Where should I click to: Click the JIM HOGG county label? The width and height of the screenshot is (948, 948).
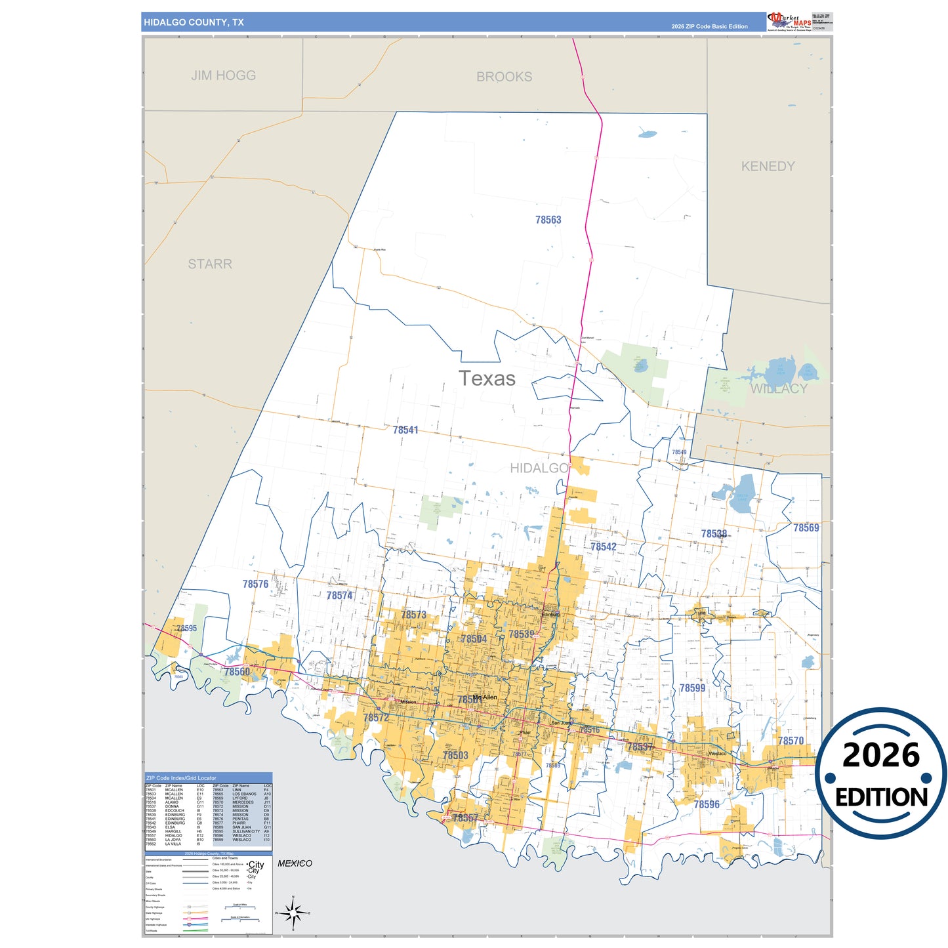223,75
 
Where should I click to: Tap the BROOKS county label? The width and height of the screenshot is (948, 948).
504,77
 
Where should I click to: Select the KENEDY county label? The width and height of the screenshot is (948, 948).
768,167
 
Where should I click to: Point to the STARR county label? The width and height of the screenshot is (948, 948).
210,264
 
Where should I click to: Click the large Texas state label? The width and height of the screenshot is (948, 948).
487,379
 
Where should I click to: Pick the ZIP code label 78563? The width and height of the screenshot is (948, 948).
548,220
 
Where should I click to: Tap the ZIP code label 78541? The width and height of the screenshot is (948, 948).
405,430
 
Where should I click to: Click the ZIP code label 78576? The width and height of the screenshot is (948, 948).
255,584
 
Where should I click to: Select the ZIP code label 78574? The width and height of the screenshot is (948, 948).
339,596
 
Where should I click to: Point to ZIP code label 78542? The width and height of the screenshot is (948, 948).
603,546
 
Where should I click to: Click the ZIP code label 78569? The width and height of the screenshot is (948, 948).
806,527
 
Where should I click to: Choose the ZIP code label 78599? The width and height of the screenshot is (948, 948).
692,688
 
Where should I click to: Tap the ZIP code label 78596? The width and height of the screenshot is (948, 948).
706,804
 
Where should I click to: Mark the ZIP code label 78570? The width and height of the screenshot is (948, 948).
791,741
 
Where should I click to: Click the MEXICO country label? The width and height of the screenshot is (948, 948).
295,863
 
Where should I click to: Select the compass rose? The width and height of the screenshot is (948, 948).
293,913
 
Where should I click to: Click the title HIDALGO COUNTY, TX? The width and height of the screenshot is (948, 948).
194,22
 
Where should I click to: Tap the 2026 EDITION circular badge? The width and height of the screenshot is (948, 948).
880,773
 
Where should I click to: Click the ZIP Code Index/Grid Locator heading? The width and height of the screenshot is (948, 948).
181,778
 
